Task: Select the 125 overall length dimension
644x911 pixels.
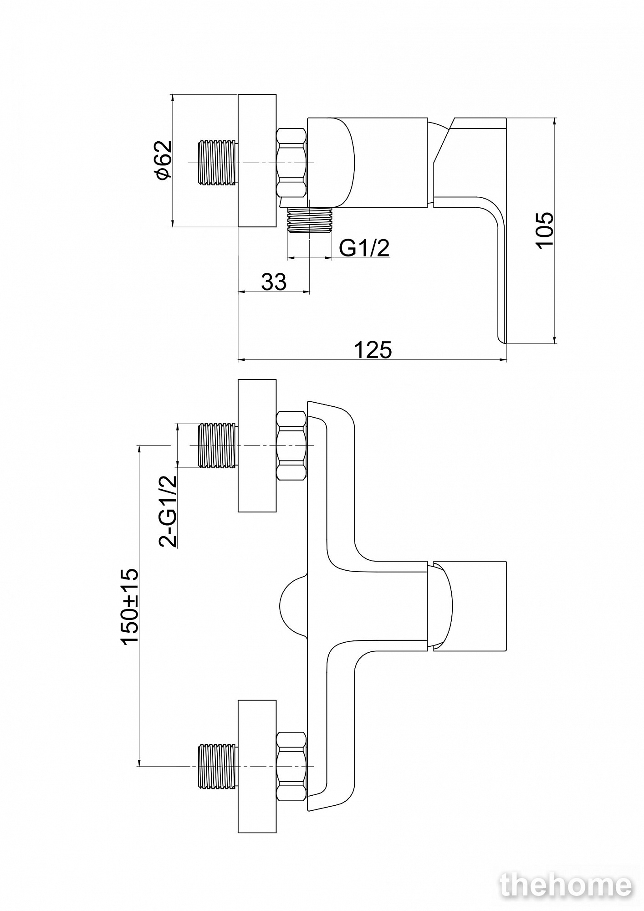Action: point(373,350)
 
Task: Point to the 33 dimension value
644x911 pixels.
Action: point(274,282)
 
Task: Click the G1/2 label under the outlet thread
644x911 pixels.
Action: point(364,248)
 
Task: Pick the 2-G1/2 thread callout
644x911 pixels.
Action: point(167,511)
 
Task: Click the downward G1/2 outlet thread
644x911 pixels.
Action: point(310,221)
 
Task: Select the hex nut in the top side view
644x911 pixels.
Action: point(291,163)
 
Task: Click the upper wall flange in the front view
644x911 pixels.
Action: point(257,445)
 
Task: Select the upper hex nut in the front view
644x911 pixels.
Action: point(291,445)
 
